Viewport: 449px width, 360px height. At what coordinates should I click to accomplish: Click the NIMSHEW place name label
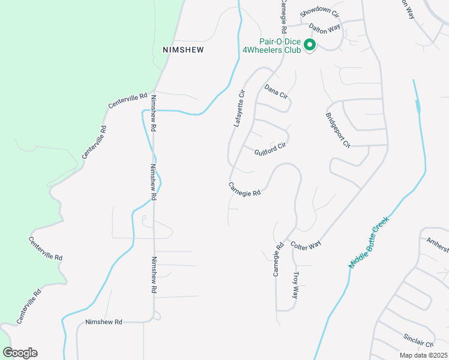click(x=183, y=50)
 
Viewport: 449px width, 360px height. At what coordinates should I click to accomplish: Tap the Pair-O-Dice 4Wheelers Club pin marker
click(x=310, y=45)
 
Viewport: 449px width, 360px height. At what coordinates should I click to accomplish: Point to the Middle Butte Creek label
click(x=369, y=242)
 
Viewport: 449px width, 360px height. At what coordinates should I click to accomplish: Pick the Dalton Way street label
click(x=325, y=28)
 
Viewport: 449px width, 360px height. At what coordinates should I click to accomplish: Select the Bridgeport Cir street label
click(x=337, y=130)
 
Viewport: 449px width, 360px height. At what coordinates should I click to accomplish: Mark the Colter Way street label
click(x=306, y=245)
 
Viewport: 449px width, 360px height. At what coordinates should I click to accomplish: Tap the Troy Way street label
click(x=295, y=285)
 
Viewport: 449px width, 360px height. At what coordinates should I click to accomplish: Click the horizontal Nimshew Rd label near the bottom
click(x=104, y=322)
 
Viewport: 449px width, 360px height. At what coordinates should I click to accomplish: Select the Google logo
click(x=20, y=353)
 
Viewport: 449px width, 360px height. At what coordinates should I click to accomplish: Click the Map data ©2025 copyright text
click(x=423, y=355)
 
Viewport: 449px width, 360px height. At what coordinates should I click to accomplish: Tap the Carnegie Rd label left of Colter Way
click(x=277, y=259)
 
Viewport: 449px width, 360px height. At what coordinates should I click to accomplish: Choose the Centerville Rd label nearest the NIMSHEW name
click(x=128, y=100)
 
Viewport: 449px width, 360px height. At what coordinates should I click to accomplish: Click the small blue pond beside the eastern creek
click(x=418, y=106)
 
